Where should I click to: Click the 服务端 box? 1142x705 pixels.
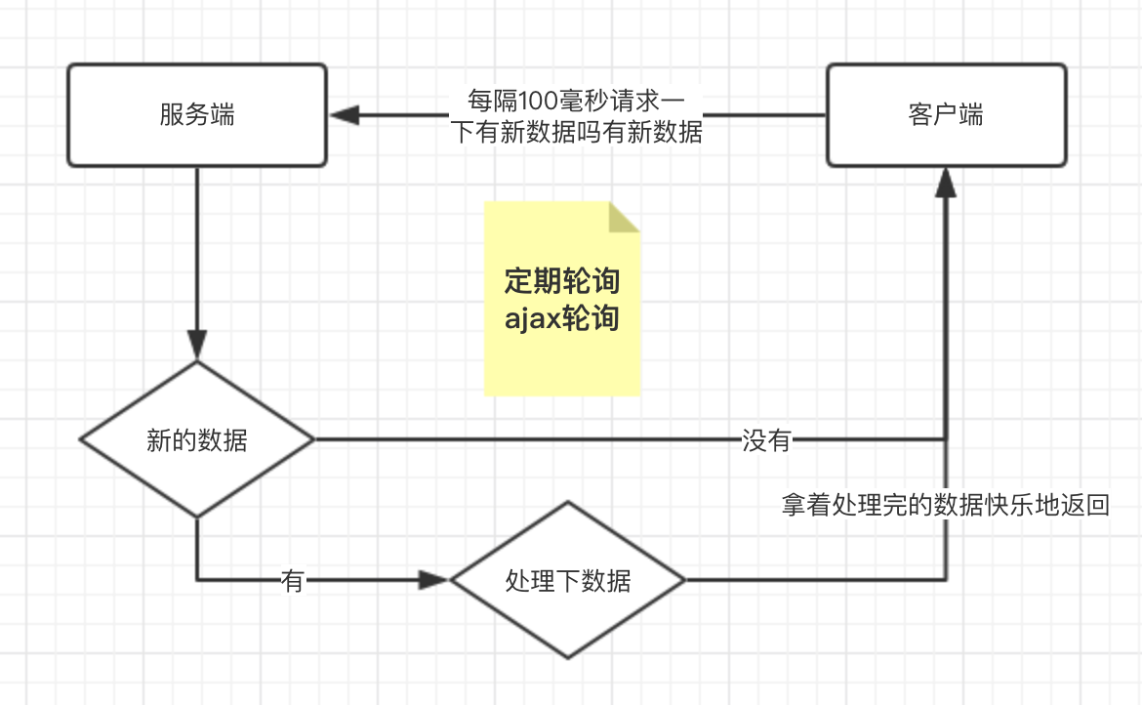196,137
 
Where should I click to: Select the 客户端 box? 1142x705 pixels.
946,137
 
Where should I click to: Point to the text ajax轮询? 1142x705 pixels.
561,318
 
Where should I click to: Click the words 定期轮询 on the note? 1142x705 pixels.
561,281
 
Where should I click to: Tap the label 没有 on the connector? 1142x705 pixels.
766,440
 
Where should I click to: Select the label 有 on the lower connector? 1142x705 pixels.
293,581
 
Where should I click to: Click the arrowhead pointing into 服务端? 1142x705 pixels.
345,115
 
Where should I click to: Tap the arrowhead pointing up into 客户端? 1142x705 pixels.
946,181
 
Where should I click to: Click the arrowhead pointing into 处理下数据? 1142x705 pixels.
433,580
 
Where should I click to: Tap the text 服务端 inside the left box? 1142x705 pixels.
196,115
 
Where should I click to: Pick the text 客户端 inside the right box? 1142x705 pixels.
946,115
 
